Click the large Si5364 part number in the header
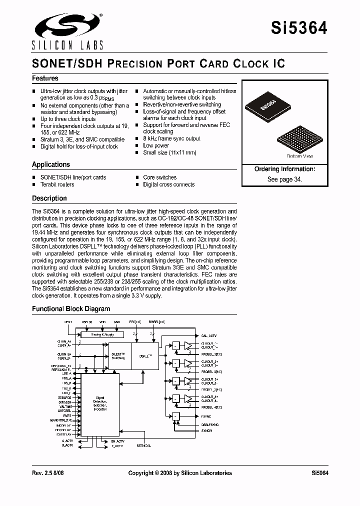pos(299,28)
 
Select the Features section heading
pos(45,78)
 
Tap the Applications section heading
pos(50,164)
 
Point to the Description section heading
pos(49,198)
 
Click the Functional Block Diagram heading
pos(71,308)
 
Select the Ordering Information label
pos(284,169)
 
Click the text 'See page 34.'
pos(284,179)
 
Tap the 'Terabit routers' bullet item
pos(57,184)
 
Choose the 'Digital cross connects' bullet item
pos(168,184)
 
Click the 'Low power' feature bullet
pos(156,145)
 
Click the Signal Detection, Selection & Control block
pos(100,403)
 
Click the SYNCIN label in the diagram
pos(206,430)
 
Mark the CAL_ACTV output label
pos(209,335)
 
